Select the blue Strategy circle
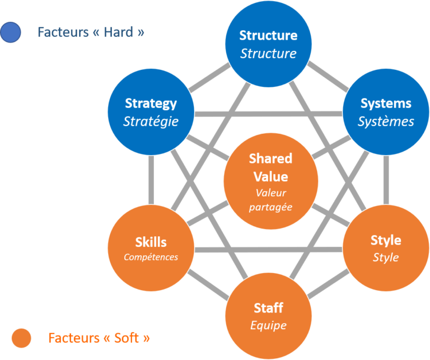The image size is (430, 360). (151, 111)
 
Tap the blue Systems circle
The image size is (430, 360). (386, 111)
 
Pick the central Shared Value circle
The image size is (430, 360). (271, 181)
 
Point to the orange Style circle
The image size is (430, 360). (386, 247)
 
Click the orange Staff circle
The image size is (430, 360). (268, 316)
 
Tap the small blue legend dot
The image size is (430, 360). (11, 32)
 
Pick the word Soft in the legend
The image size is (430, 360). (128, 338)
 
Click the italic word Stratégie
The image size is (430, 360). (151, 121)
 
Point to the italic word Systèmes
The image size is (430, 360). (386, 121)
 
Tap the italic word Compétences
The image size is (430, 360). (151, 257)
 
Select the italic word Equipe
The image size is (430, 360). (268, 325)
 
